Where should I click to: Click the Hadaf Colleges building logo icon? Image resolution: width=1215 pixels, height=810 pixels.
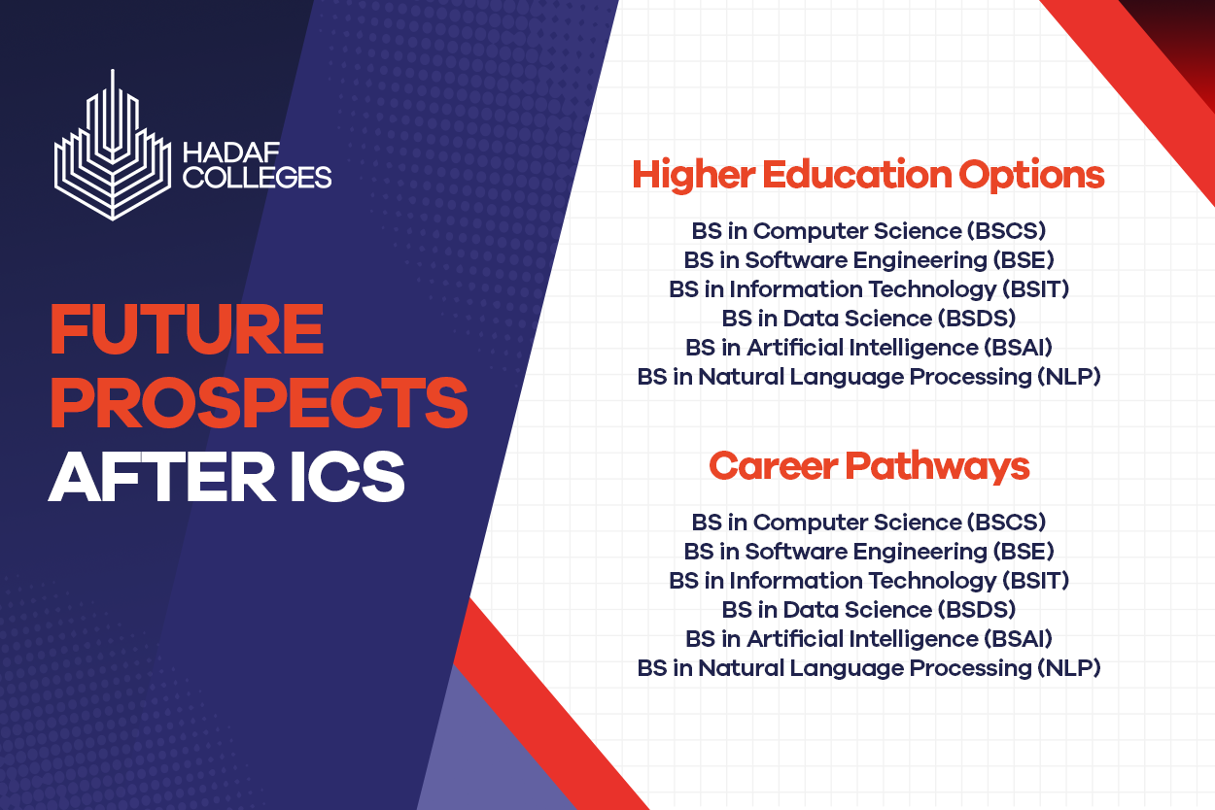tap(113, 157)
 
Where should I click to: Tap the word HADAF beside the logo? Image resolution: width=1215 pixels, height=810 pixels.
tap(231, 152)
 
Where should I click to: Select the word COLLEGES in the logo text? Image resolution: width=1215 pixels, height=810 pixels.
tap(258, 177)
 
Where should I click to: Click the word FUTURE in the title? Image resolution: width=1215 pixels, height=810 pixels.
tap(188, 329)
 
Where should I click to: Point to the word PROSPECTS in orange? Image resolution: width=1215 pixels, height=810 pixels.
tap(259, 402)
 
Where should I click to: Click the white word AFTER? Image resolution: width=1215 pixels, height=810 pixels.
tap(161, 477)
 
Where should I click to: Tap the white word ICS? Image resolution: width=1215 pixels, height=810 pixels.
tap(348, 477)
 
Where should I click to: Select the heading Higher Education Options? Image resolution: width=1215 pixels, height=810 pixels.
tap(868, 176)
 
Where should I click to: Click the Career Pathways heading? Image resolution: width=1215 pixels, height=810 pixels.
tap(869, 466)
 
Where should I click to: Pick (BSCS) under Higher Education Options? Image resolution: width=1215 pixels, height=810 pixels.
tap(1006, 231)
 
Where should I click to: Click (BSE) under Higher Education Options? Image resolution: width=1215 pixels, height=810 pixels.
tap(1024, 260)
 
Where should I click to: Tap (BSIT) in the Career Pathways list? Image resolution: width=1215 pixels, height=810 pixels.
tap(1035, 581)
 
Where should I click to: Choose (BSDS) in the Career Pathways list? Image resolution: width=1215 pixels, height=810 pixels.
tap(977, 610)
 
